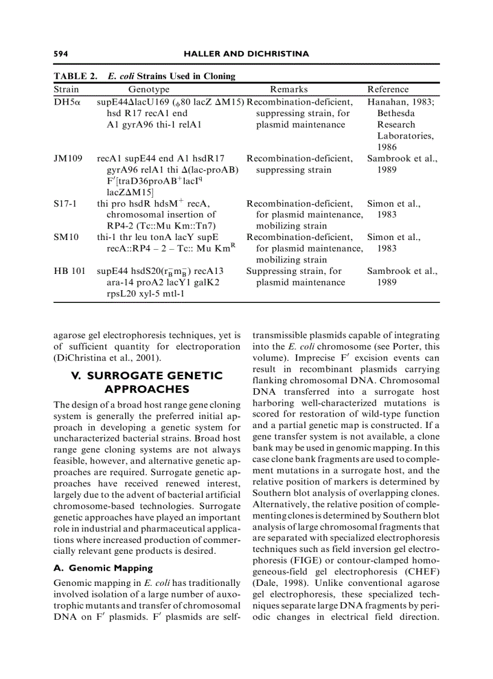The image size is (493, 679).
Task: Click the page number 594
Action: pyautogui.click(x=60, y=54)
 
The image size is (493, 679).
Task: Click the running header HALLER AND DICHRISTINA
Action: pyautogui.click(x=246, y=54)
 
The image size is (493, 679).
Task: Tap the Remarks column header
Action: pyautogui.click(x=289, y=89)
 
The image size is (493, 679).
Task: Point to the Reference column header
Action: pyautogui.click(x=388, y=89)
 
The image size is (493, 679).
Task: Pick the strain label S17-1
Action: pyautogui.click(x=65, y=203)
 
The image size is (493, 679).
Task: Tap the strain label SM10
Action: pyautogui.click(x=66, y=237)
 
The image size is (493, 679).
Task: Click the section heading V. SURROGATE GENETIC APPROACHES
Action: pyautogui.click(x=147, y=382)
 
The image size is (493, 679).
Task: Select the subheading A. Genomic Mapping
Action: pyautogui.click(x=102, y=568)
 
